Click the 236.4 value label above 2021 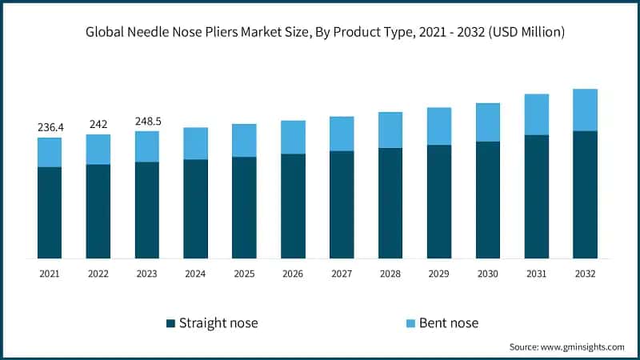[50, 127]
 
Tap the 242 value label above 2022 [98, 124]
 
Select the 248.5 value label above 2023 [147, 121]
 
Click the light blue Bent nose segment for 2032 [586, 110]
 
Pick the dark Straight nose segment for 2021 [50, 212]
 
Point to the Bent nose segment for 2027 [342, 134]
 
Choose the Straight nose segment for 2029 [439, 202]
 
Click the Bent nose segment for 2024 [196, 143]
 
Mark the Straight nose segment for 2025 [245, 207]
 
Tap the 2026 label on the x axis [294, 274]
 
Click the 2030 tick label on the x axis [488, 274]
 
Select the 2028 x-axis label [390, 274]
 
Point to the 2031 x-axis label [537, 274]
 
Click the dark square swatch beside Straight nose [170, 323]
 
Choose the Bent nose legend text [450, 323]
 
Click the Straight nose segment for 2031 [537, 197]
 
